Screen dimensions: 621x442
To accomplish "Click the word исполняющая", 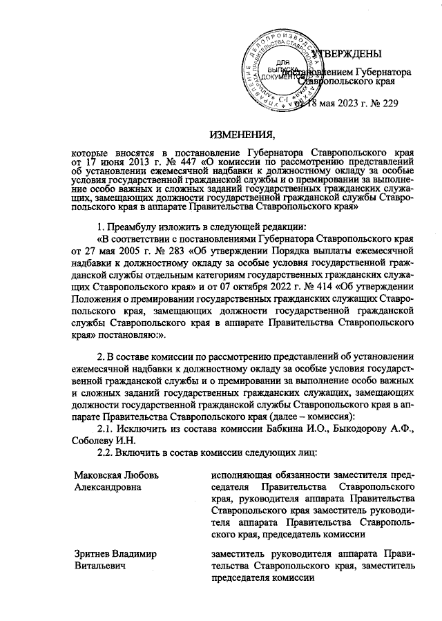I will click(x=241, y=475).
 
